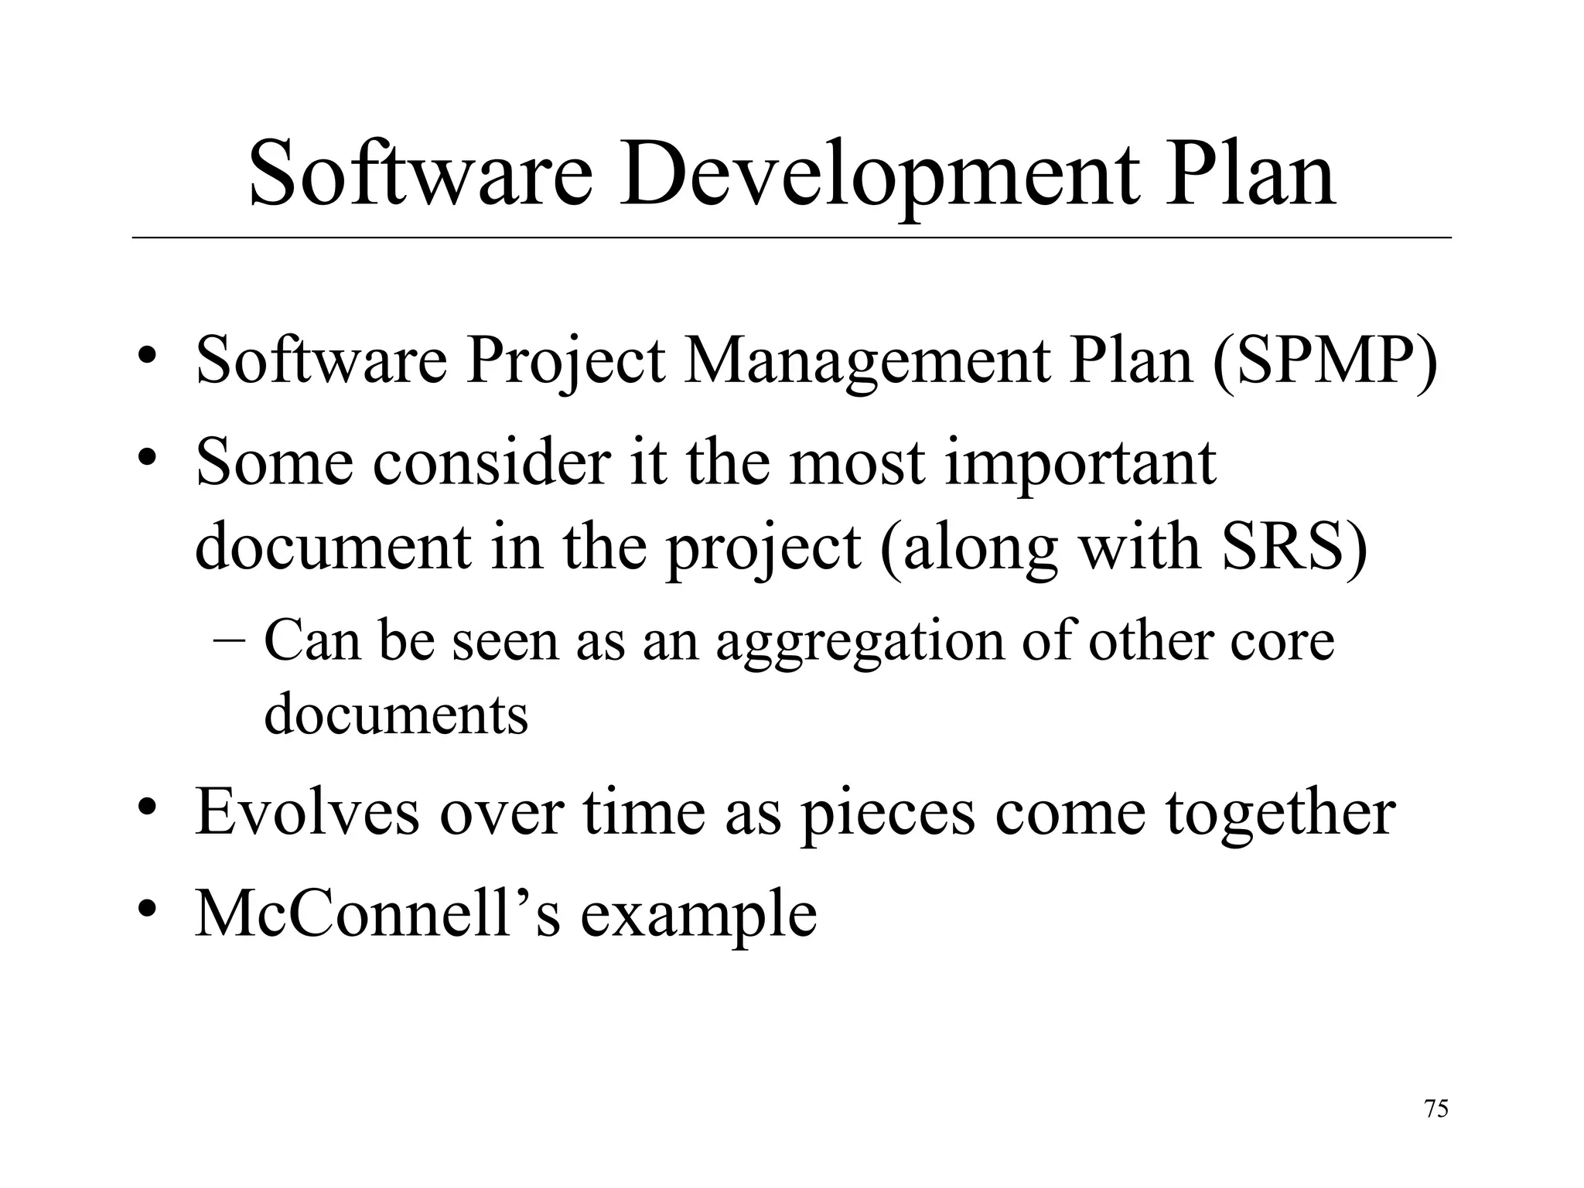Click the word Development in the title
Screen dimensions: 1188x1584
click(879, 175)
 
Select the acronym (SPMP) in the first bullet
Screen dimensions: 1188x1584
click(1323, 362)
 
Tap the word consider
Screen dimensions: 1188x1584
click(491, 463)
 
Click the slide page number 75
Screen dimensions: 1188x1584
click(1436, 1109)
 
